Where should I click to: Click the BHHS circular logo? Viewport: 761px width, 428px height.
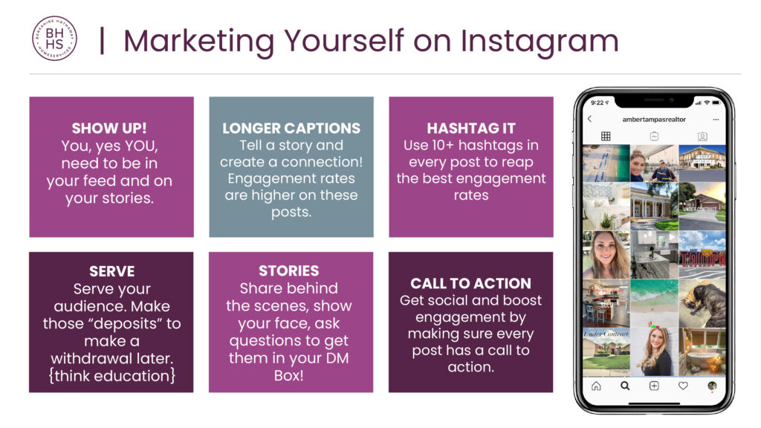click(54, 39)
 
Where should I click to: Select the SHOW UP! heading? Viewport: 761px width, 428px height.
click(111, 128)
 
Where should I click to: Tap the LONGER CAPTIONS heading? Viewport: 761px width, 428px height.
click(291, 128)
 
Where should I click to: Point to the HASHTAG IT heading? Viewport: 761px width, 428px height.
click(470, 128)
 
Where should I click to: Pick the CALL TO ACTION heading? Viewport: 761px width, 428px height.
click(470, 283)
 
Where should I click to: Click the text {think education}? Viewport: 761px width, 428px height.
click(111, 375)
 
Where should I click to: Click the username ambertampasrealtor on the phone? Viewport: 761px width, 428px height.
click(654, 119)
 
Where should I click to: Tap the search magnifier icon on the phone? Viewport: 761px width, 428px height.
click(625, 386)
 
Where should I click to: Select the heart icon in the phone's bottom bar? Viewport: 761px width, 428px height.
click(683, 386)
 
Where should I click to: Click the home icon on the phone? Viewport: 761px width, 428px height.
click(596, 386)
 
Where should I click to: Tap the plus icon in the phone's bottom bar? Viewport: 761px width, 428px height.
click(654, 386)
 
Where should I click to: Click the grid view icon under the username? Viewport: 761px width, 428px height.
click(606, 137)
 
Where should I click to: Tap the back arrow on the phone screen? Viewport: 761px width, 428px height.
click(590, 119)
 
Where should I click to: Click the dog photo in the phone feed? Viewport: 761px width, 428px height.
click(702, 302)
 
